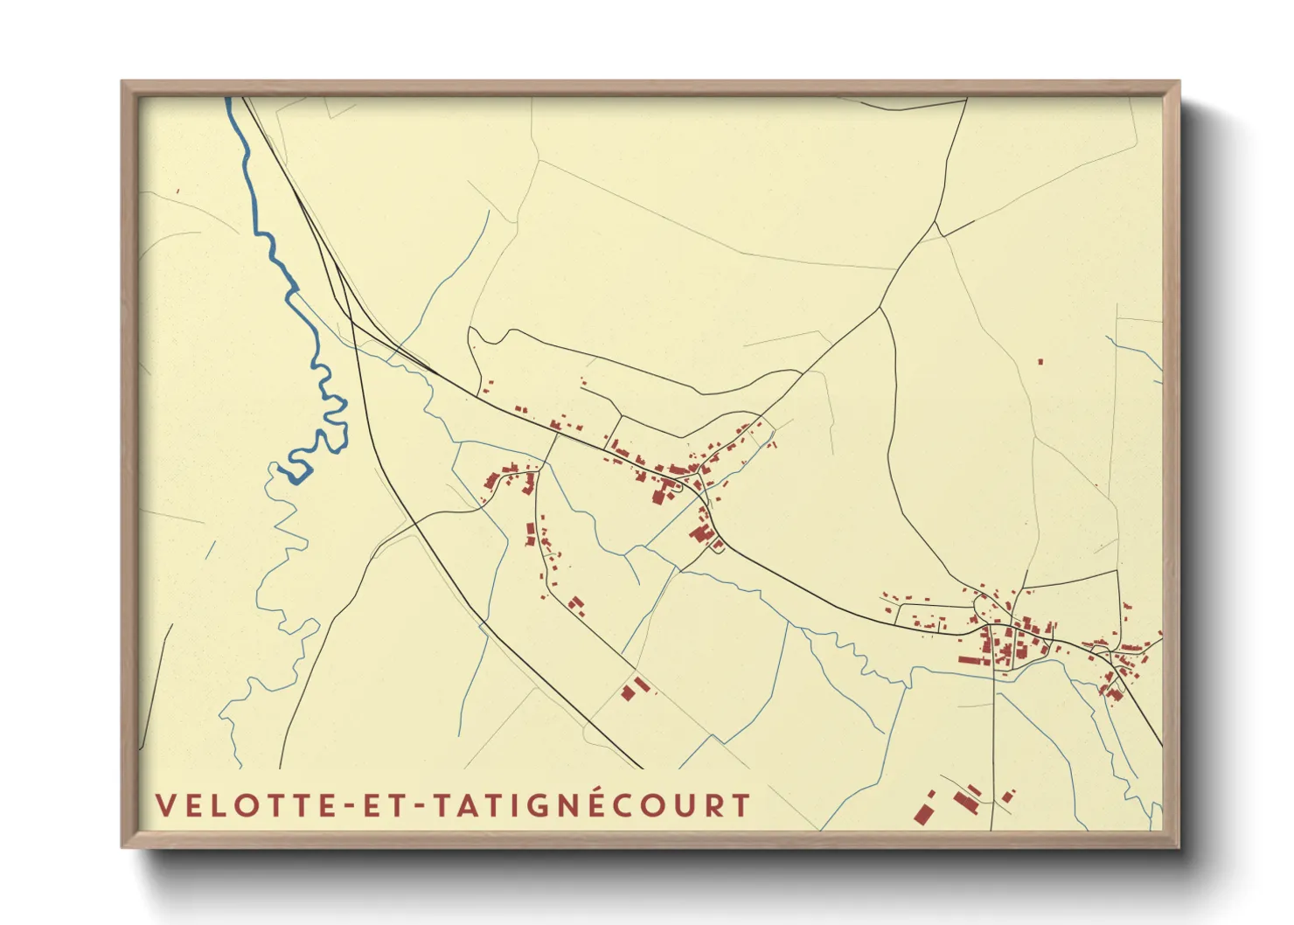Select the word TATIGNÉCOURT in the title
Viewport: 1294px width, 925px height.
[x=593, y=805]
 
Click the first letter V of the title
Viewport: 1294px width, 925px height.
[x=164, y=805]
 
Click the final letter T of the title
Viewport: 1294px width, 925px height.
[x=741, y=805]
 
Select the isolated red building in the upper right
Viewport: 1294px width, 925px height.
[x=1040, y=361]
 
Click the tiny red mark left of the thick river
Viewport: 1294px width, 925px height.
[x=177, y=191]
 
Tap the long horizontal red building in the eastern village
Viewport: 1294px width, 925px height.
[x=974, y=660]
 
